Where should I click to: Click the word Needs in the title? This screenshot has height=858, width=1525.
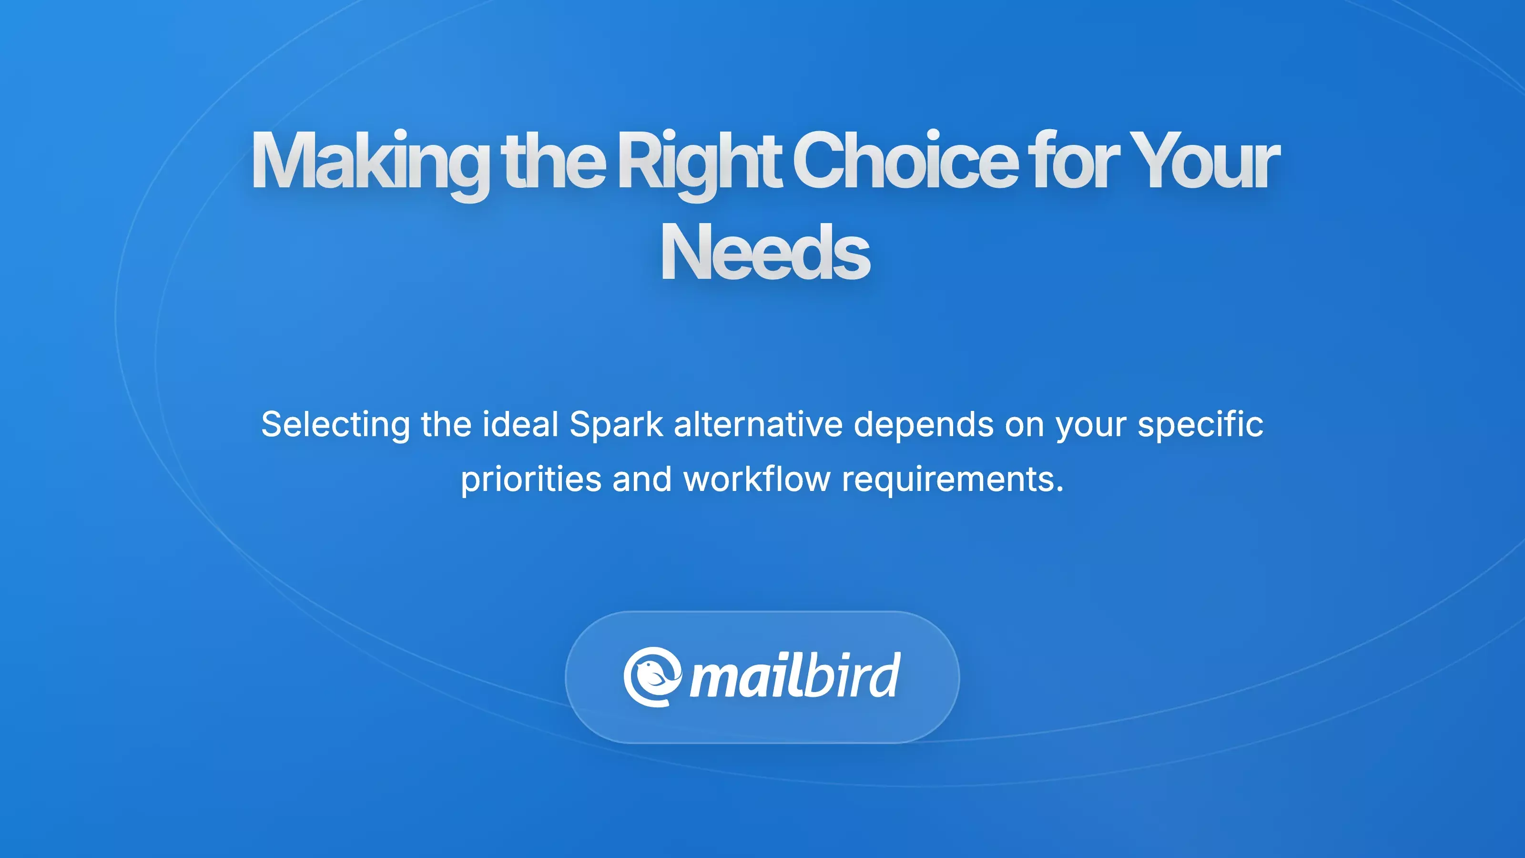(764, 252)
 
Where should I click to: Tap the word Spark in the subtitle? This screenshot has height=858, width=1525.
(616, 426)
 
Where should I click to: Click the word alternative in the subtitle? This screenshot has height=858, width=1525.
(758, 425)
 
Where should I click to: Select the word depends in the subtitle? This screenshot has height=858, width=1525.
(924, 426)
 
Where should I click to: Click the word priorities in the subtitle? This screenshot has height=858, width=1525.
(531, 480)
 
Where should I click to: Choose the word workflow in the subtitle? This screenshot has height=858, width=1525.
(757, 479)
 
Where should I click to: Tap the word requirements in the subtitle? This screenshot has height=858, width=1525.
(953, 480)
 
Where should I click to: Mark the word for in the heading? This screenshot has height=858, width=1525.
(1073, 160)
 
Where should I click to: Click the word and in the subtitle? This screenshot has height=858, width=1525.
(642, 479)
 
